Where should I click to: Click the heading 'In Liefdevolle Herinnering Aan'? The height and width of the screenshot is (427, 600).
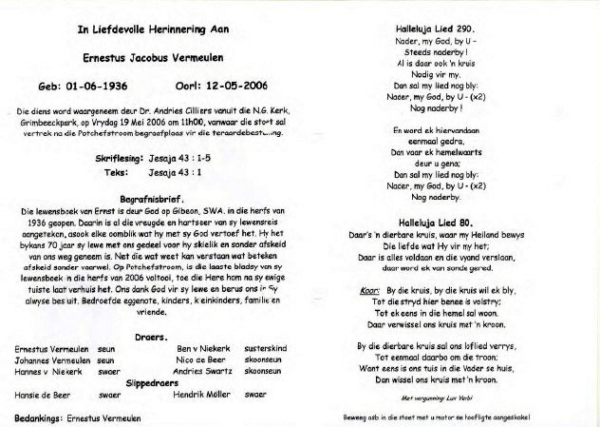[x=159, y=29]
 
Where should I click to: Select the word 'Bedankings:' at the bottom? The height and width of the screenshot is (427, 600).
[x=40, y=417]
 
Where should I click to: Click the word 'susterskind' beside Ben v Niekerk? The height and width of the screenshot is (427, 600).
[x=264, y=348]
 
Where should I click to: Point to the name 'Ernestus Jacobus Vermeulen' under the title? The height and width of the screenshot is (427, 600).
[x=159, y=58]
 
